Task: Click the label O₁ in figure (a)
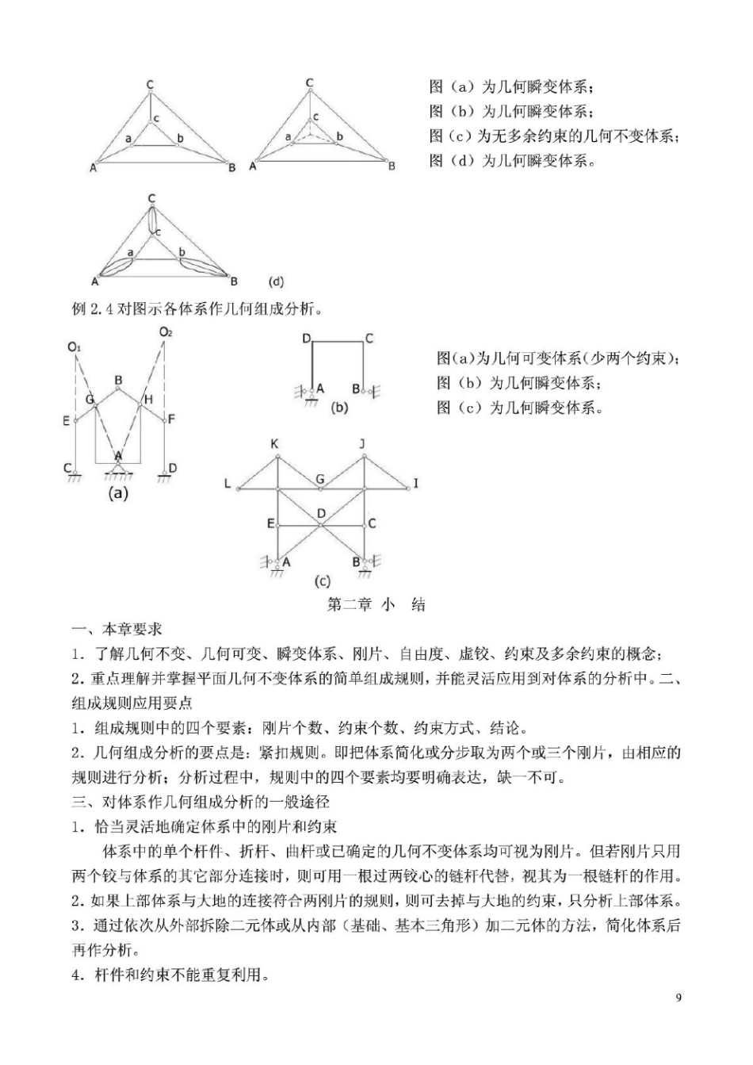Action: tap(75, 347)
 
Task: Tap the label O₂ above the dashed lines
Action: tap(165, 332)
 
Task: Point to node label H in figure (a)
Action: tap(148, 400)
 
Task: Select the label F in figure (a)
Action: tap(172, 419)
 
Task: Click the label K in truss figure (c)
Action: tap(275, 444)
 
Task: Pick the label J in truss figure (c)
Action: tap(362, 444)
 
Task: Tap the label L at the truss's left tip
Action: tap(227, 483)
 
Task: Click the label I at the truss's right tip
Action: tap(415, 483)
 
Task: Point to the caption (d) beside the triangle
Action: tap(277, 282)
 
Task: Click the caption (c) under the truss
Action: tap(323, 581)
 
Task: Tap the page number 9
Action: tap(678, 998)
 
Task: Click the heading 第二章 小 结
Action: tap(376, 605)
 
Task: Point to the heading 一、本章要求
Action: tap(117, 630)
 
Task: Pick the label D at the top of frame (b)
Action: tap(306, 339)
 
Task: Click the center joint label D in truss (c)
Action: tap(321, 514)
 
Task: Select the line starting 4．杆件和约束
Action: tap(170, 974)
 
